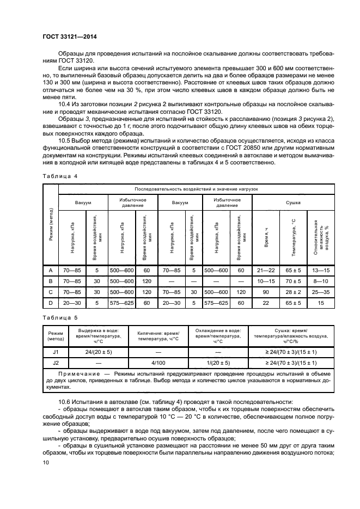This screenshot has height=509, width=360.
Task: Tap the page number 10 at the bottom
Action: tap(46, 463)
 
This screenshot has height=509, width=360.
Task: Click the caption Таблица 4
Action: tap(59, 175)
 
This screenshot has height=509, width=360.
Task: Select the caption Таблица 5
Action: tap(59, 317)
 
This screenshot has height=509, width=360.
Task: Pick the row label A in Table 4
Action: tap(51, 270)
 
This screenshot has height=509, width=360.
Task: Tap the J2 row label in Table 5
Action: tap(55, 362)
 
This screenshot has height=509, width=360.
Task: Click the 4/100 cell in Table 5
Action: tap(157, 362)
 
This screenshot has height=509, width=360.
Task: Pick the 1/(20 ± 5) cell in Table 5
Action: tap(217, 362)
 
